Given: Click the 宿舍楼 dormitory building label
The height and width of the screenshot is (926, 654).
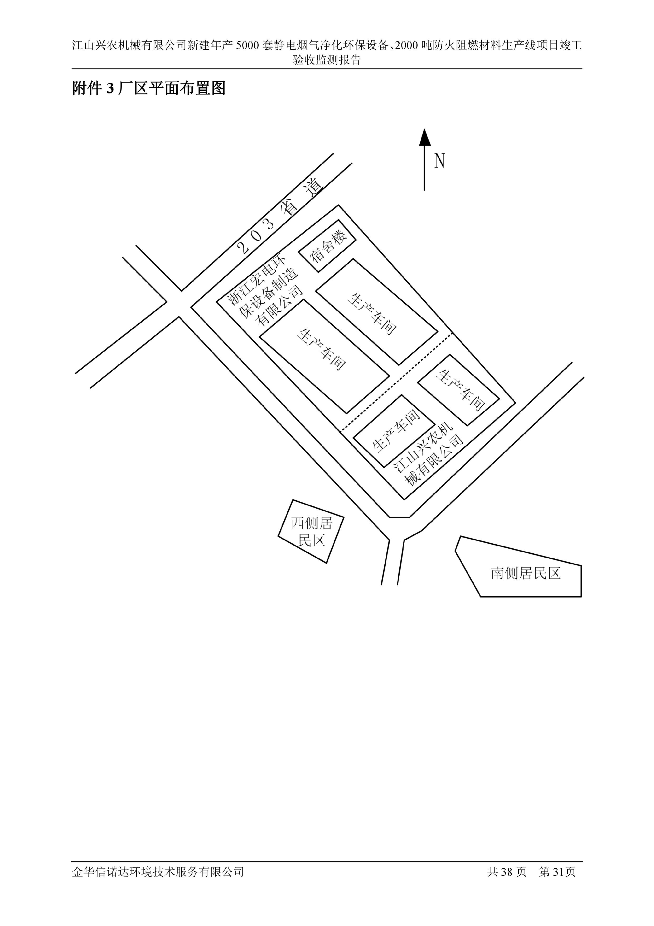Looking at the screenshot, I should pos(327,246).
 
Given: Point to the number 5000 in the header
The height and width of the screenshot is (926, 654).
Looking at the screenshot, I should pos(247,45).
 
